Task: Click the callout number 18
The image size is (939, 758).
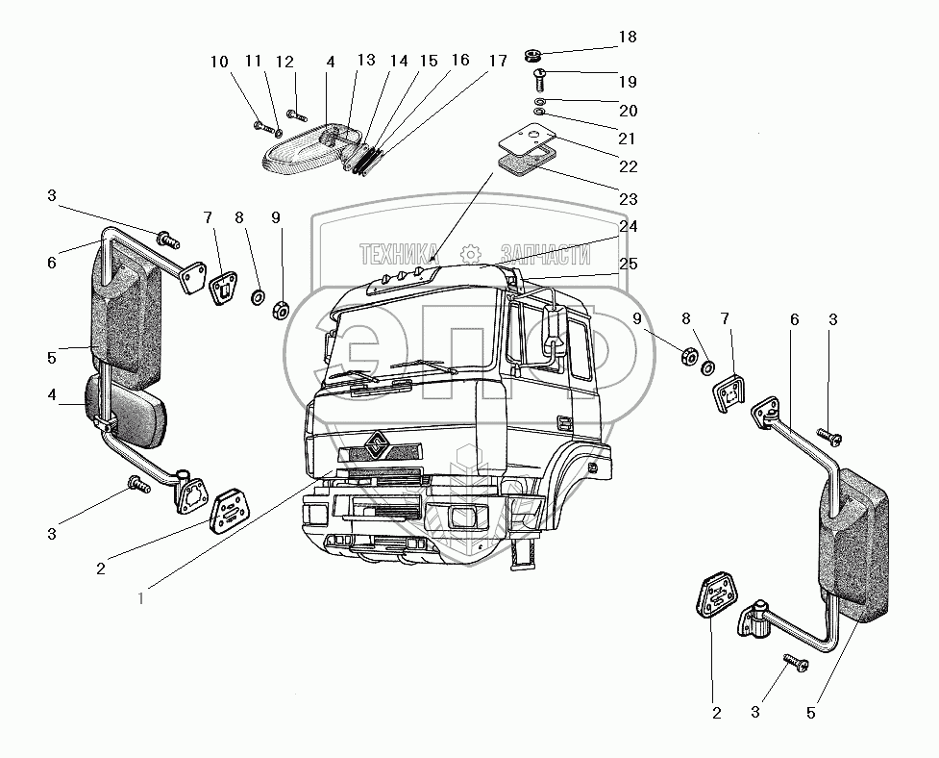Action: (x=627, y=38)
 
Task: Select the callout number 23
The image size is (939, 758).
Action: (x=627, y=200)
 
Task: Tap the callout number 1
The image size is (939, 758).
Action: (x=142, y=598)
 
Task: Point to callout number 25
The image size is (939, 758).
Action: (x=627, y=264)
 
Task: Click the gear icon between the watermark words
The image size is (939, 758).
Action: (x=470, y=254)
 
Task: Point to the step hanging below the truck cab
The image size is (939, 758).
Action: (x=524, y=551)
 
